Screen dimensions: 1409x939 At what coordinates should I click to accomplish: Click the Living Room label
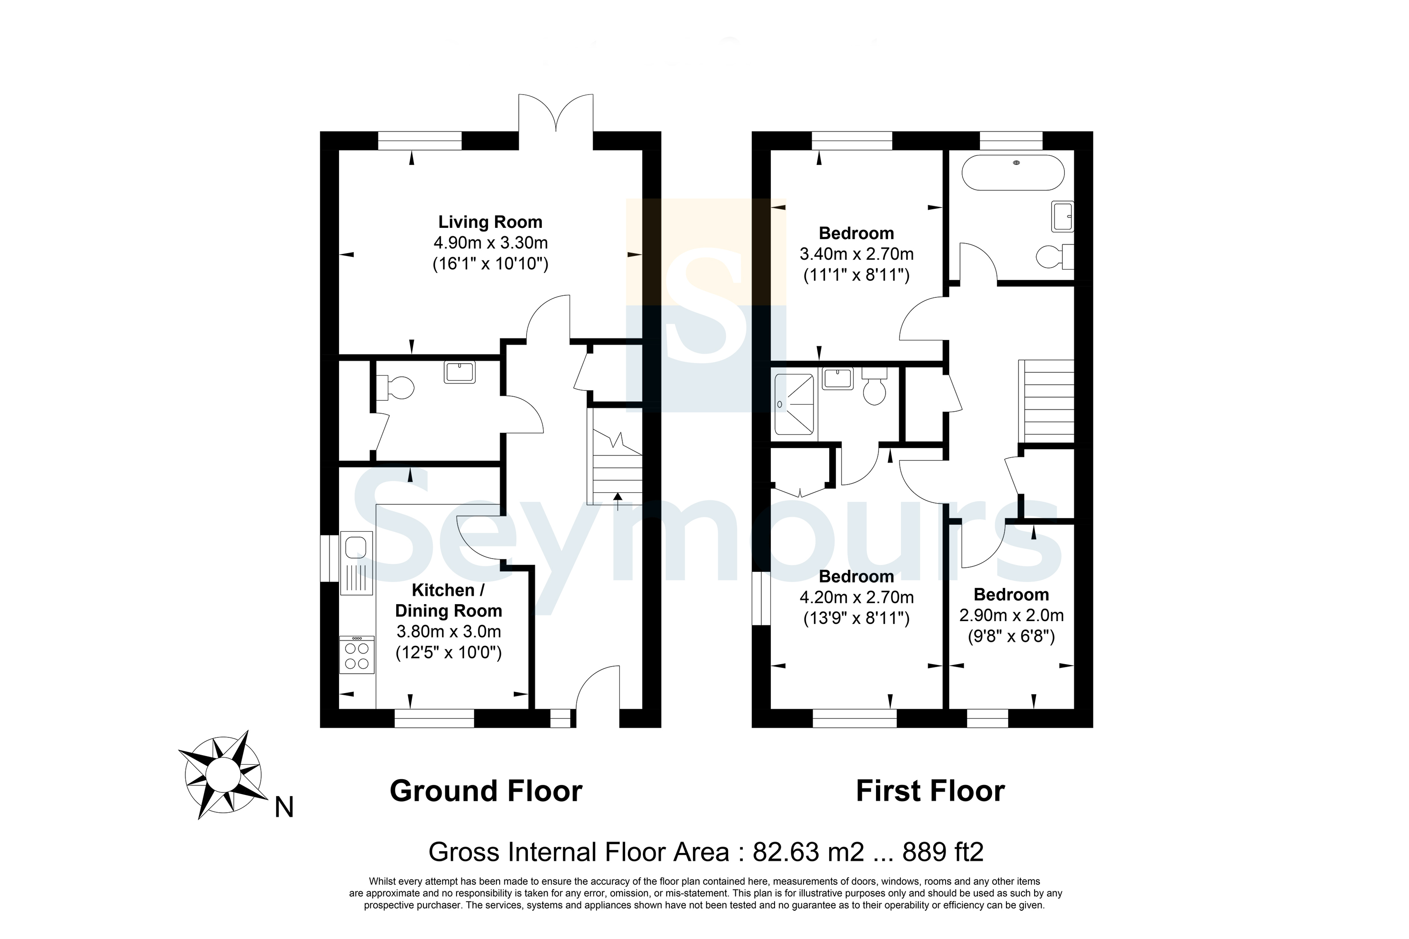point(490,222)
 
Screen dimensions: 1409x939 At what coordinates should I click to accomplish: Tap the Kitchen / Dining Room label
point(448,601)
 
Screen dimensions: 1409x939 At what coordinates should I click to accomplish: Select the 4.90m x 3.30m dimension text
point(490,243)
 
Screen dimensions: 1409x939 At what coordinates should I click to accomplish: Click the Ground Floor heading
point(486,791)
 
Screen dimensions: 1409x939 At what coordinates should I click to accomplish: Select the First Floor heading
point(931,791)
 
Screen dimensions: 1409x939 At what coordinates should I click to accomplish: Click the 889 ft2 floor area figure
point(943,852)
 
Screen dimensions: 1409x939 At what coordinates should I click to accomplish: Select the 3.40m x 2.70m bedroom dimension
point(856,254)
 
